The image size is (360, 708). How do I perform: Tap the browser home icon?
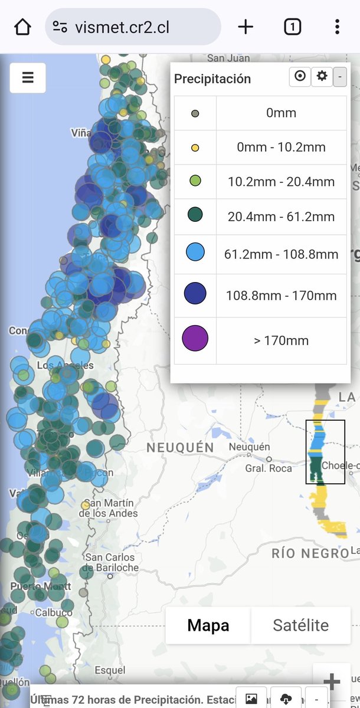(22, 27)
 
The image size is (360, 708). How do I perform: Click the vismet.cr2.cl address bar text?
(122, 27)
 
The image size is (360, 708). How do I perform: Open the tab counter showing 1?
(292, 27)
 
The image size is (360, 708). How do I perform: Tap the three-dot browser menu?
(337, 27)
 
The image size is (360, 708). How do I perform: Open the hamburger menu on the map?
(28, 78)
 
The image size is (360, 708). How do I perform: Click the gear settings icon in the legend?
(322, 76)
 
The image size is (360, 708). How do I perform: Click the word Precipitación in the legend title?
(212, 79)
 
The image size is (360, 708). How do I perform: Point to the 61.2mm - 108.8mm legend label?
(281, 254)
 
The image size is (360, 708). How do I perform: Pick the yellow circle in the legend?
(195, 147)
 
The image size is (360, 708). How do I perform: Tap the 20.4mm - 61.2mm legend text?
(281, 217)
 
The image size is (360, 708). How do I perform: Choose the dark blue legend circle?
(195, 294)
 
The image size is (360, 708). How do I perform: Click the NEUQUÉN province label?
(180, 448)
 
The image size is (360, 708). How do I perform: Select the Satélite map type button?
(300, 625)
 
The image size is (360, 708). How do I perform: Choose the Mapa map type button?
(208, 625)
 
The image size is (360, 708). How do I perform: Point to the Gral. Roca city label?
(269, 468)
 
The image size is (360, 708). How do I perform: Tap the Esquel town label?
(110, 670)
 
